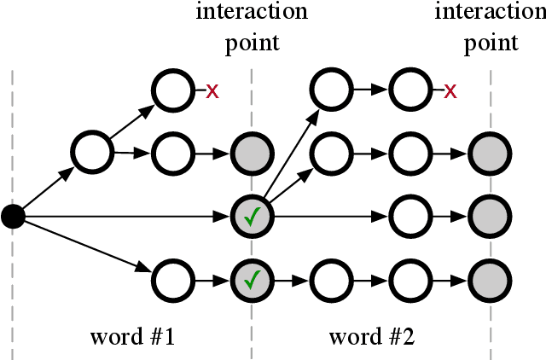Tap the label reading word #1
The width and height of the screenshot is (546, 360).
133,336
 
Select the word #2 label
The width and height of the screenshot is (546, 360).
371,336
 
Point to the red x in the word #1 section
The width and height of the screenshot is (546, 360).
212,91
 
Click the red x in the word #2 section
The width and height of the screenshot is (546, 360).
450,91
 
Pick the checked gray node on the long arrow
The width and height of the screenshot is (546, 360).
253,217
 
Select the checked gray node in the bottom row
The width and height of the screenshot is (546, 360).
253,279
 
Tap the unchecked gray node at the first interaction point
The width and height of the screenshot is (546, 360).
253,154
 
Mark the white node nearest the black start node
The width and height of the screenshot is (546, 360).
93,154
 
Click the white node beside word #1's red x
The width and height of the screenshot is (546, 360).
173,91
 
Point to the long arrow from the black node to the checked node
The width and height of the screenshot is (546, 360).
128,218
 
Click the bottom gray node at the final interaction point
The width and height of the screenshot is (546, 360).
491,279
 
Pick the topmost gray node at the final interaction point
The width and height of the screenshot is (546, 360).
491,154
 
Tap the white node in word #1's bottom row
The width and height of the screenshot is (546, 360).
173,279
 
